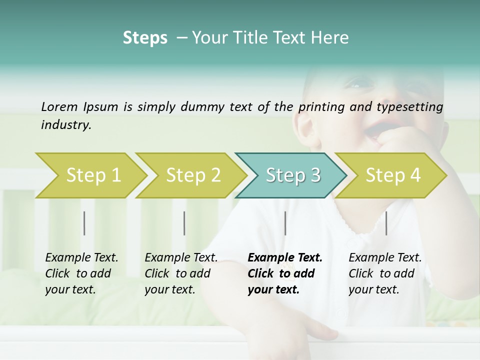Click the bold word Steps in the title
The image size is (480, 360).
145,38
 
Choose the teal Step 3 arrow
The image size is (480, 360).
291,175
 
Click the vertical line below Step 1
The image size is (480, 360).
84,223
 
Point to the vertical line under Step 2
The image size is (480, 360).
184,223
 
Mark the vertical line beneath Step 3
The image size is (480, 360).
285,223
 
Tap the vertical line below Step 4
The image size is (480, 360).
386,223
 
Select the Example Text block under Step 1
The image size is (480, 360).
81,273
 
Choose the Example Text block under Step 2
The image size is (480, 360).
181,273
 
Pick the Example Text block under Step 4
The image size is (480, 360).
385,273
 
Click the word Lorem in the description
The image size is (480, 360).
59,107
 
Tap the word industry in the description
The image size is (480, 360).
65,125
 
